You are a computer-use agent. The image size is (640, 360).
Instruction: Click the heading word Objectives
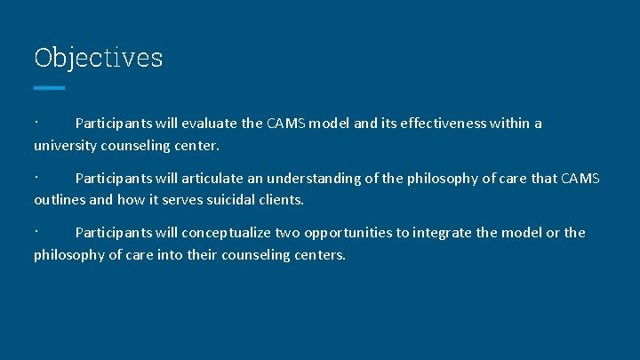(98, 58)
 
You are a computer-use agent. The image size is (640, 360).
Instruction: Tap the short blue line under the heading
(49, 88)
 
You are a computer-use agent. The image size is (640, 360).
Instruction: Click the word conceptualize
(227, 233)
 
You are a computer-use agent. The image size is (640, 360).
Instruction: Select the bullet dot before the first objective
(36, 119)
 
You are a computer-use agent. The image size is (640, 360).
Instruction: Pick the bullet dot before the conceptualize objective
(36, 228)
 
